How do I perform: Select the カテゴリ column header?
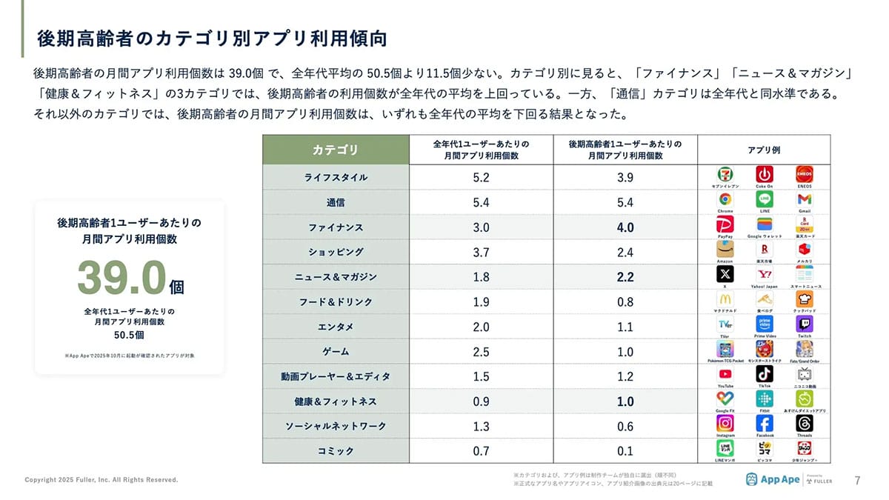tap(334, 150)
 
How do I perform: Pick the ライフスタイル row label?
tap(336, 178)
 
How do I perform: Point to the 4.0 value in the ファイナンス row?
tap(625, 227)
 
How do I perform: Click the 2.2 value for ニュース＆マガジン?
tap(625, 277)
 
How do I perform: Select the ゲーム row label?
tap(336, 352)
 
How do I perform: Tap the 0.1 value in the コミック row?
tap(625, 451)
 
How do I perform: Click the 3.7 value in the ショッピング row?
tap(481, 253)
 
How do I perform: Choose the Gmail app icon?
tap(805, 199)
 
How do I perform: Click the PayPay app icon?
tap(725, 224)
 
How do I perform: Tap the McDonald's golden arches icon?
tap(725, 299)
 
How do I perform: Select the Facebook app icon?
tap(765, 423)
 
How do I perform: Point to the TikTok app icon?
tap(765, 373)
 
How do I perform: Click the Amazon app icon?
tap(725, 249)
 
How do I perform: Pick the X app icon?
tap(725, 273)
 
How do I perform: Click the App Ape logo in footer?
tap(773, 479)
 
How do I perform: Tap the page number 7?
tap(857, 479)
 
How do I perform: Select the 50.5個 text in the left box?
tap(129, 335)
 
